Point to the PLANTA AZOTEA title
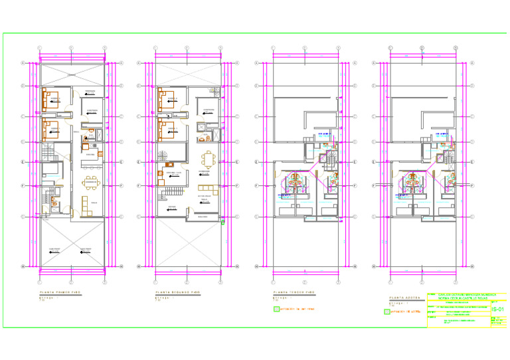coord(406,298)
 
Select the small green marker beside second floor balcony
coord(222,223)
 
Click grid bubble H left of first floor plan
coord(23,267)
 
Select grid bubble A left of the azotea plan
coord(374,63)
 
